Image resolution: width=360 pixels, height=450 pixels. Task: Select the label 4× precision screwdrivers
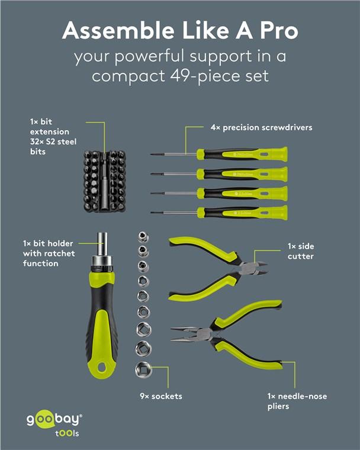pyautogui.click(x=261, y=127)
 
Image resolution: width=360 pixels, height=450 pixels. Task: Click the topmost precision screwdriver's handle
pyautogui.click(x=243, y=155)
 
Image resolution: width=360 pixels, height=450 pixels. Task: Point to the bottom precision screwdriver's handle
pyautogui.click(x=243, y=212)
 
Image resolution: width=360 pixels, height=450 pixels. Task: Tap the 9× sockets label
pyautogui.click(x=162, y=396)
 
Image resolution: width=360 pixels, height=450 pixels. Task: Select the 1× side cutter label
pyautogui.click(x=300, y=251)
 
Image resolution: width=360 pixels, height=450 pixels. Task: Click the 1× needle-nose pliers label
pyautogui.click(x=296, y=401)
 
